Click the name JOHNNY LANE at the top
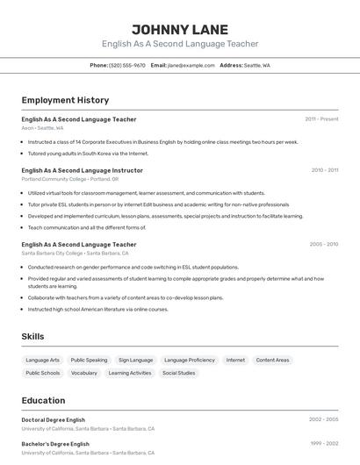[x=179, y=29]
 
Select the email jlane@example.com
[x=191, y=65]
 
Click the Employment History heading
[x=65, y=100]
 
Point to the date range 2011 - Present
[x=321, y=118]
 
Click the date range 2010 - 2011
[x=324, y=170]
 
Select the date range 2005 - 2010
[x=324, y=245]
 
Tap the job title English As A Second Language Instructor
[x=82, y=170]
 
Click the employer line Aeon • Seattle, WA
[x=42, y=127]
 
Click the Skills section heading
[x=32, y=336]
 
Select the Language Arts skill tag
[x=43, y=360]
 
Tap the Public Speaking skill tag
[x=89, y=360]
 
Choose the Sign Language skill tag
[x=135, y=360]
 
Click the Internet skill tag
[x=235, y=360]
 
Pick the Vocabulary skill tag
[x=84, y=373]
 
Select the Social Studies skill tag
[x=178, y=373]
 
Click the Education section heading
[x=43, y=400]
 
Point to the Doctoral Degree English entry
[x=54, y=419]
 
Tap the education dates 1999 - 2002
[x=324, y=444]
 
